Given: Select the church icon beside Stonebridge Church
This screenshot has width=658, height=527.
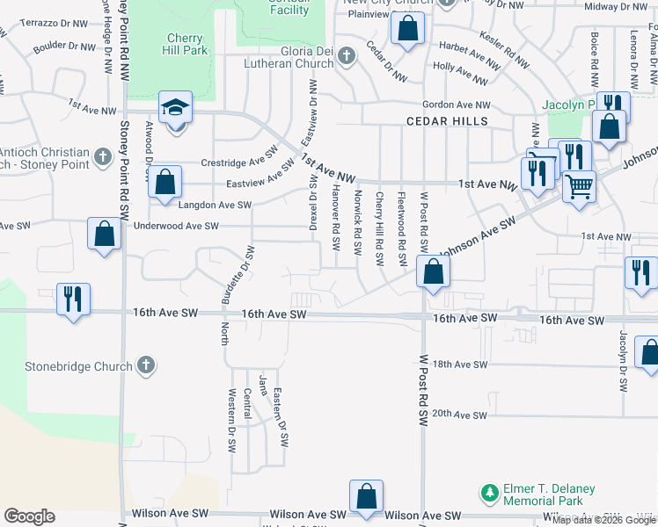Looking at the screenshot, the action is coord(146,365).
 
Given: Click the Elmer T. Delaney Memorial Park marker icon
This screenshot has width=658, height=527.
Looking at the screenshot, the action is coord(488,495).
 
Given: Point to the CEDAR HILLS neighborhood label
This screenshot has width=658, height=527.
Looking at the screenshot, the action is coord(447,120).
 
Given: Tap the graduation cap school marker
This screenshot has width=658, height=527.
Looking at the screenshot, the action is coord(175,108).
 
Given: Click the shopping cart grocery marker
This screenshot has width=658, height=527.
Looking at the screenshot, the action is coord(579,186).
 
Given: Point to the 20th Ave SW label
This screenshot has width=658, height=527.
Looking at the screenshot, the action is coord(459,414).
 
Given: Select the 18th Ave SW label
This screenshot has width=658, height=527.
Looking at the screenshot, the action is coord(459,364).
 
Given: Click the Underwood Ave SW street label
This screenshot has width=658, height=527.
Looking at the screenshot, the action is coord(175,226).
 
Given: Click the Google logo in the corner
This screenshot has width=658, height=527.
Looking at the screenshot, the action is coord(29,516).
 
